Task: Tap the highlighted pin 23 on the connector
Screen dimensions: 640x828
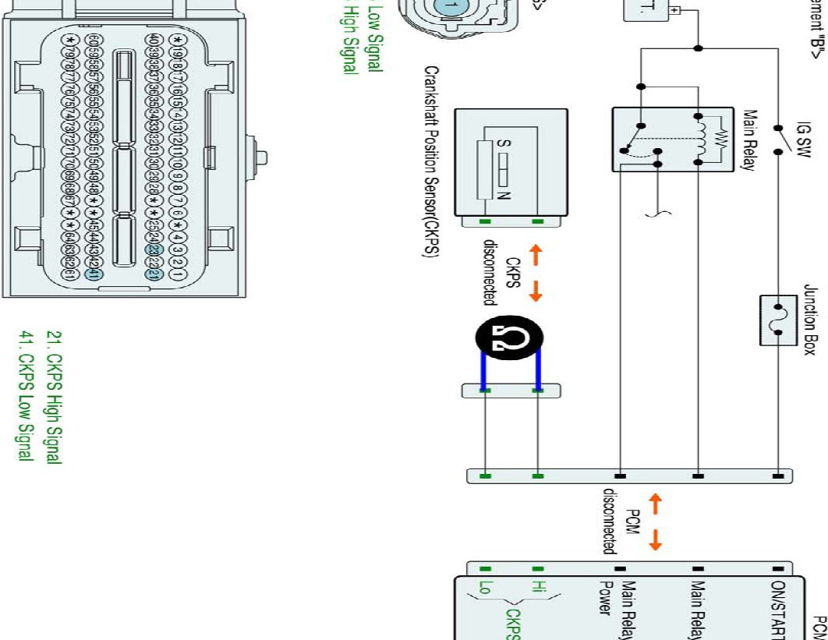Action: [154, 250]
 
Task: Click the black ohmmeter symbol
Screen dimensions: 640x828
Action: [509, 338]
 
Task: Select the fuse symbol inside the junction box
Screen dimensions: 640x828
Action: [777, 319]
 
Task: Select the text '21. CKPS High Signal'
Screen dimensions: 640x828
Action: [53, 398]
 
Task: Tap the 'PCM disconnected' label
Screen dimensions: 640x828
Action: [621, 521]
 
